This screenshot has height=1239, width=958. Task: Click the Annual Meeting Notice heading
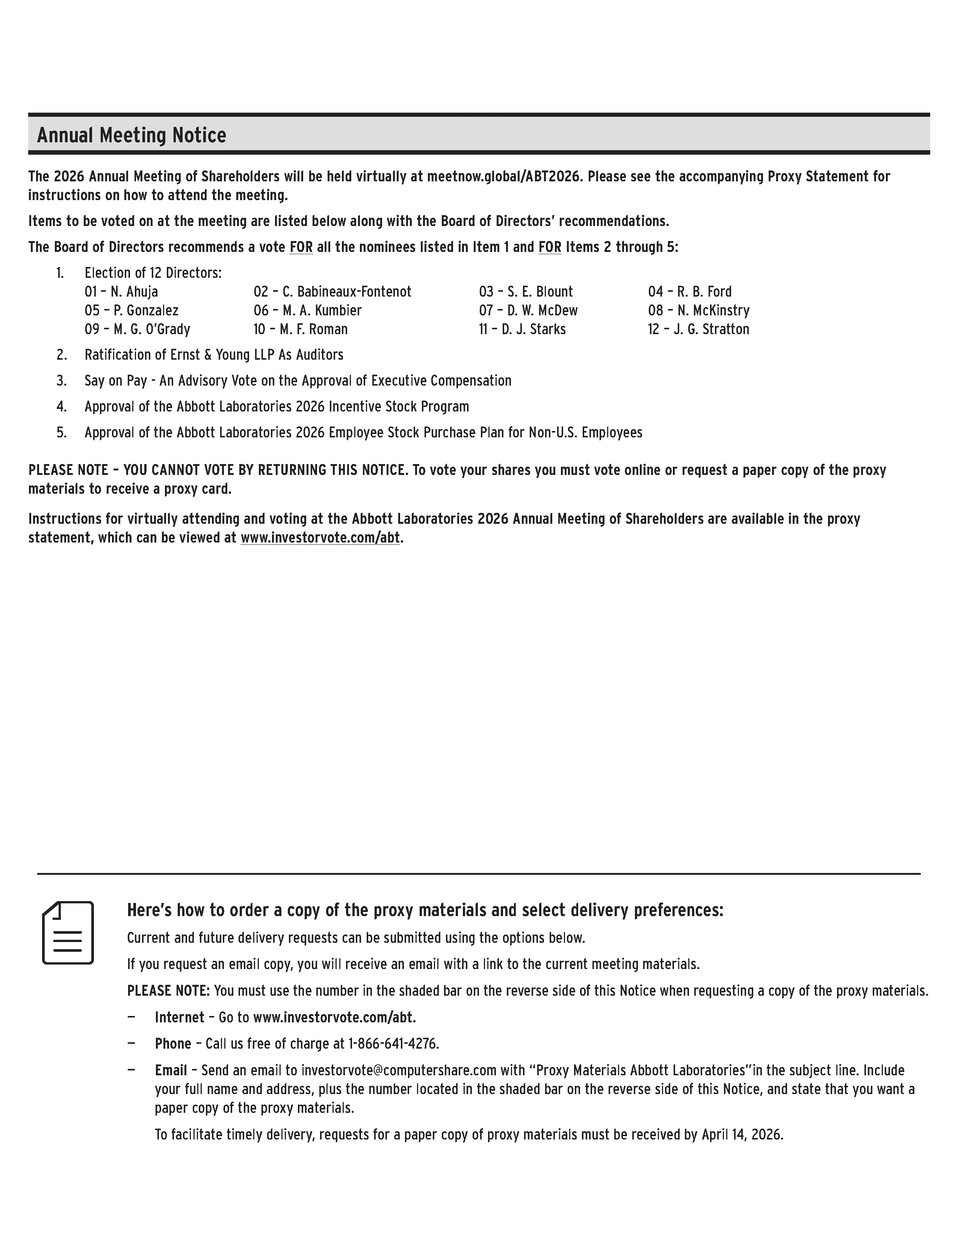pos(131,136)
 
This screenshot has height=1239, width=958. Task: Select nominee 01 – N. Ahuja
pos(121,292)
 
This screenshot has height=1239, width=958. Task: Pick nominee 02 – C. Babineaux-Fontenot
pos(332,292)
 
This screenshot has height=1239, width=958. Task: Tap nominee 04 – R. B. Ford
pos(689,292)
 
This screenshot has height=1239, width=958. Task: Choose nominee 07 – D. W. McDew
pos(528,311)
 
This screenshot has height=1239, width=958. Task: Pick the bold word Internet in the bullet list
pos(179,1017)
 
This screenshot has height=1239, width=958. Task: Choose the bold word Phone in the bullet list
pos(173,1044)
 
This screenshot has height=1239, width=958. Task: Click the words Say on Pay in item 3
pos(116,381)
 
